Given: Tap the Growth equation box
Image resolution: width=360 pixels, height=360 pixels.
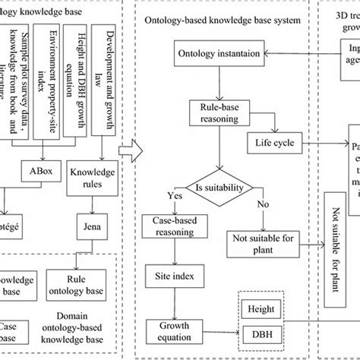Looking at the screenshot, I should coord(174,330).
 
